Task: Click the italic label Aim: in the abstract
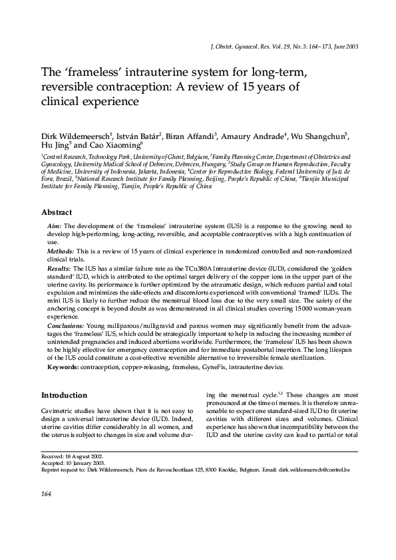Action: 53,227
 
